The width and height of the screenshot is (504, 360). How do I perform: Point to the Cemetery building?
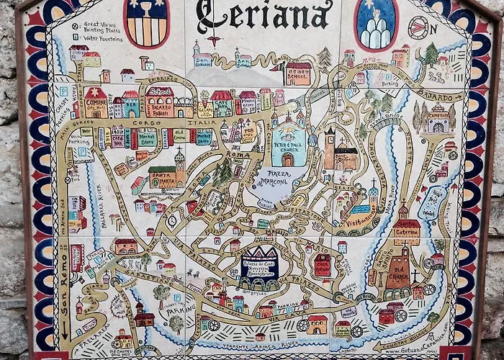437,118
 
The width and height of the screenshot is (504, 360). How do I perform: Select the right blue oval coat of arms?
376,24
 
